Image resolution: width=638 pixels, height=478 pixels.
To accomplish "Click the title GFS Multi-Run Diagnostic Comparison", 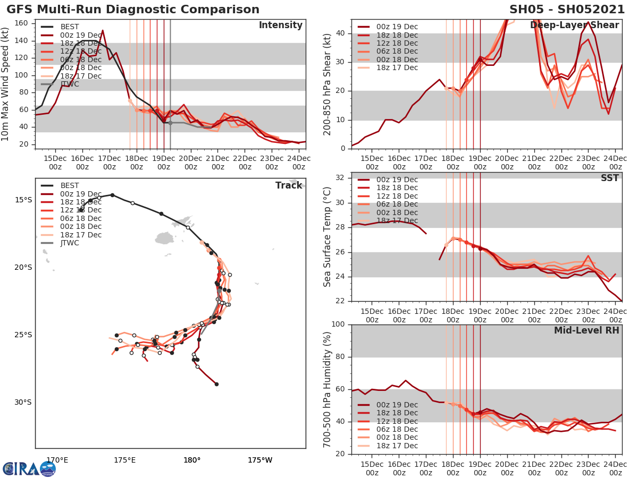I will pyautogui.click(x=133, y=10).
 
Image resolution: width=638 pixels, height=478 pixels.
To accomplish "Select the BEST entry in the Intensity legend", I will pyautogui.click(x=70, y=27).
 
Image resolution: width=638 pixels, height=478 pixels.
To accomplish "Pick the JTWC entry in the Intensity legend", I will pyautogui.click(x=70, y=84).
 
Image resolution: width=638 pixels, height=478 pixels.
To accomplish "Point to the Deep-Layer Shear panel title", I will pyautogui.click(x=574, y=25).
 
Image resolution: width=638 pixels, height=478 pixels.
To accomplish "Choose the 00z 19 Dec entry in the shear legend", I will pyautogui.click(x=396, y=27).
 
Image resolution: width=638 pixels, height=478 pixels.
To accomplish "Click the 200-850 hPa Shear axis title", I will pyautogui.click(x=328, y=84).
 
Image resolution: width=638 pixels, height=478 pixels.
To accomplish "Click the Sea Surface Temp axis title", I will pyautogui.click(x=328, y=237).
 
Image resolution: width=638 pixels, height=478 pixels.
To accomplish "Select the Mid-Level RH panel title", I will pyautogui.click(x=586, y=330).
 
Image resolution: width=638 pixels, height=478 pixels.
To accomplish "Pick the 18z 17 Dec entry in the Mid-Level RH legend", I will pyautogui.click(x=396, y=446).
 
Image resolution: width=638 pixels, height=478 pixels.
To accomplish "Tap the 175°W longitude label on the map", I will pyautogui.click(x=259, y=460).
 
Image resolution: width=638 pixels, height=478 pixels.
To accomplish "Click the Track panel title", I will pyautogui.click(x=288, y=185).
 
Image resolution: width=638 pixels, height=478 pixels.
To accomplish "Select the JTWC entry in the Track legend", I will pyautogui.click(x=70, y=243).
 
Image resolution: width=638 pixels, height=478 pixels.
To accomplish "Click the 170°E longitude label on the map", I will pyautogui.click(x=57, y=460).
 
